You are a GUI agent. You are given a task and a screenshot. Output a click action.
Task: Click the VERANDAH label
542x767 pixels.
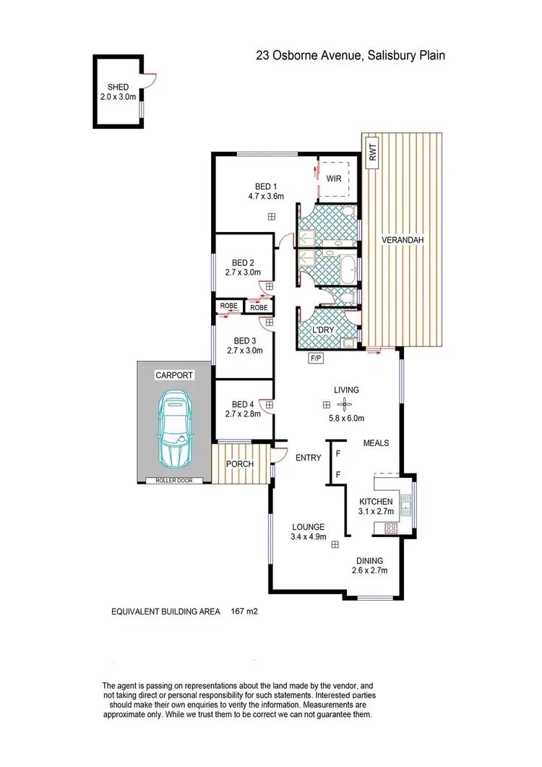click(x=403, y=239)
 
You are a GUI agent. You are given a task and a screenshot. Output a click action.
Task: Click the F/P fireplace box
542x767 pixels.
click(x=316, y=357)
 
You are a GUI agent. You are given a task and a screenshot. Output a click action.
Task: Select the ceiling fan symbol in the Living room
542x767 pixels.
click(x=345, y=405)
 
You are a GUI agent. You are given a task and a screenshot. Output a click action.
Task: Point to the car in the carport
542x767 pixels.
click(x=175, y=429)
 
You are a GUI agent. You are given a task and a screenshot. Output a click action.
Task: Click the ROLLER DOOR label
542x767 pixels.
click(x=169, y=480)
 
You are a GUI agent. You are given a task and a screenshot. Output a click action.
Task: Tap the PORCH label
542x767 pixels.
click(x=241, y=463)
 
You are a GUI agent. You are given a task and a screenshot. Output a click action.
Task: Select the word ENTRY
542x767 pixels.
click(x=309, y=458)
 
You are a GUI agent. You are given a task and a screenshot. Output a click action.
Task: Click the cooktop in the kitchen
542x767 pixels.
click(x=391, y=528)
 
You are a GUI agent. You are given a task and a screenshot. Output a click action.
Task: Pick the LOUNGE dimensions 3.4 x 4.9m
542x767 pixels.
click(x=309, y=537)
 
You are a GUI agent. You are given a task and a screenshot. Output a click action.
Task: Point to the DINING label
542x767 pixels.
click(x=369, y=560)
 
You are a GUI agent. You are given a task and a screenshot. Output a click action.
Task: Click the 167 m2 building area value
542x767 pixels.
click(x=244, y=611)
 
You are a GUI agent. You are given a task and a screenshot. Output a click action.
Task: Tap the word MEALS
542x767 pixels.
click(x=377, y=443)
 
